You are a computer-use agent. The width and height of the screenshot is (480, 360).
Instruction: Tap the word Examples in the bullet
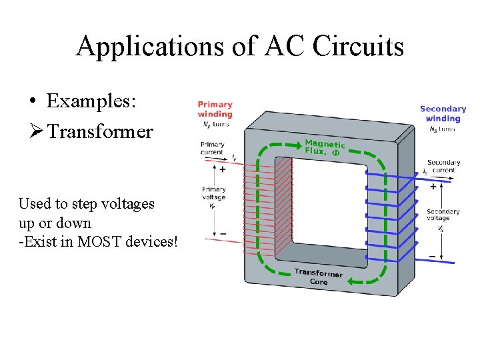pyautogui.click(x=91, y=101)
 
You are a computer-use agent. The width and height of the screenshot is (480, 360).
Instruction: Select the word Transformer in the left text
pyautogui.click(x=100, y=131)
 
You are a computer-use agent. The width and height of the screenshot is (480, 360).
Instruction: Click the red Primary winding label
pyautogui.click(x=215, y=109)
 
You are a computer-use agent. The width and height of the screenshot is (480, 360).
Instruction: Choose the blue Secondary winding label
pyautogui.click(x=443, y=113)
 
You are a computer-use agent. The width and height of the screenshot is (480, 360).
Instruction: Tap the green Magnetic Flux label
pyautogui.click(x=325, y=147)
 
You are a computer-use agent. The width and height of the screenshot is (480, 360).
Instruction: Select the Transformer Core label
pyautogui.click(x=319, y=277)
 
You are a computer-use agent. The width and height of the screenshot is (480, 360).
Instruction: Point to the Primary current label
pyautogui.click(x=213, y=148)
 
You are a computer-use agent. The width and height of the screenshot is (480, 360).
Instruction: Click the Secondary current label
pyautogui.click(x=443, y=166)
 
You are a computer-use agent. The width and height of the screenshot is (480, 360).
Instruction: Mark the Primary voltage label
pyautogui.click(x=213, y=193)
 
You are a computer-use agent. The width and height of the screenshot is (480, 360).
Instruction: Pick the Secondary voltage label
pyautogui.click(x=443, y=215)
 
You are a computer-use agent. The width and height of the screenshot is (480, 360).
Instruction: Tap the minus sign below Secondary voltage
pyautogui.click(x=433, y=256)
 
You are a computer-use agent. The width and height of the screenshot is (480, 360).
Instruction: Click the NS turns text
pyautogui.click(x=443, y=129)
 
